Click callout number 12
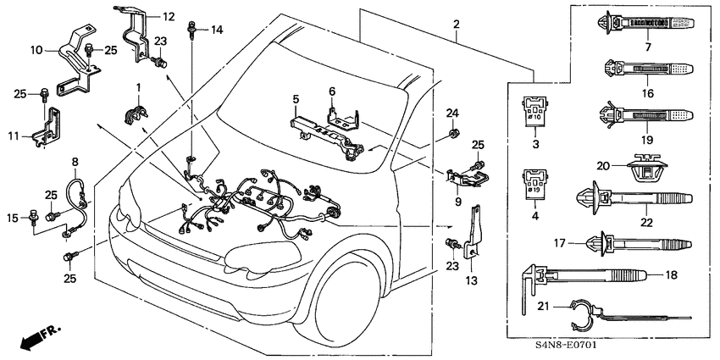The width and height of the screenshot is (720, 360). coord(168,15)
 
